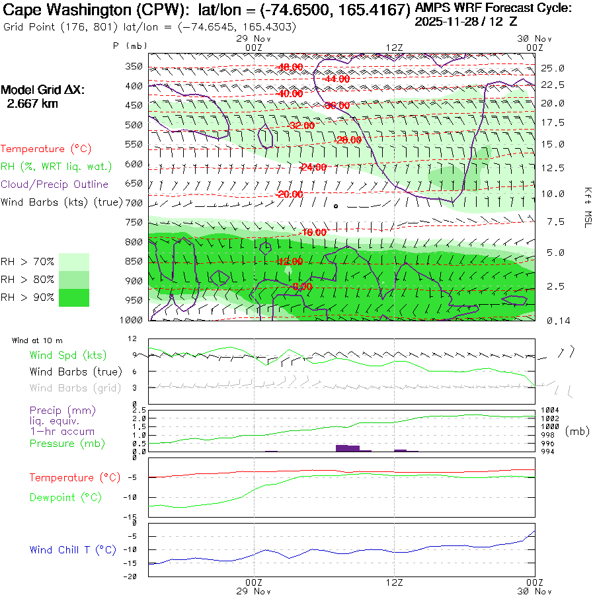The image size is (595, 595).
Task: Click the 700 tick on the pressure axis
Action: [134, 203]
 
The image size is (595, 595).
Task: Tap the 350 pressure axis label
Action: [134, 66]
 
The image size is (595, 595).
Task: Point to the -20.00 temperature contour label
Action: [290, 194]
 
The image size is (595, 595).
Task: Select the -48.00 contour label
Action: [290, 67]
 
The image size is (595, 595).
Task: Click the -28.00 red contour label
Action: [348, 140]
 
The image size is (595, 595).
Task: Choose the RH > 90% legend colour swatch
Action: [74, 297]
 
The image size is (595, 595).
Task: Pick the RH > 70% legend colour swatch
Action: [74, 262]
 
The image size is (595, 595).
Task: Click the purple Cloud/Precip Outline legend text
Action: [55, 184]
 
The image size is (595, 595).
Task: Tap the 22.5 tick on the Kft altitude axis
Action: [553, 85]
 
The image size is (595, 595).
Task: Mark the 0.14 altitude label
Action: [552, 321]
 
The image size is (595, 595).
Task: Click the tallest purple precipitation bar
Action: [347, 448]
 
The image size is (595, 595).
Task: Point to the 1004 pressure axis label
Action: [550, 411]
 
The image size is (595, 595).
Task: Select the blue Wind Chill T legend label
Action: [73, 549]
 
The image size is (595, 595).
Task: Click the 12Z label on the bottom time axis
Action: [395, 582]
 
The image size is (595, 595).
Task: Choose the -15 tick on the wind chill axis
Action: [136, 563]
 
